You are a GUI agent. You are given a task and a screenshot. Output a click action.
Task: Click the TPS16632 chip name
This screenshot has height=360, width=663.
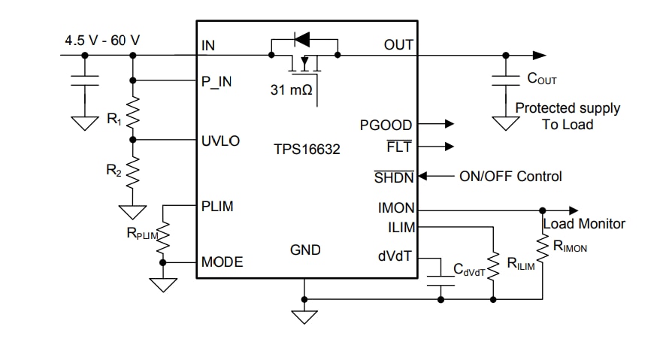tap(307, 149)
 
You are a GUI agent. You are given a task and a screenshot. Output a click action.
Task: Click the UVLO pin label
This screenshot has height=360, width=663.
tap(220, 140)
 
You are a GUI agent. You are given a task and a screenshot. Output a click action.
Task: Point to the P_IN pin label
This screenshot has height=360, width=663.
tap(217, 82)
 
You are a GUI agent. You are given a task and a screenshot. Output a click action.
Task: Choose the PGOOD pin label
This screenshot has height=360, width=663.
tap(386, 125)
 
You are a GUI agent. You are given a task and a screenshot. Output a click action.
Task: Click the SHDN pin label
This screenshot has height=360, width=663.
tap(394, 177)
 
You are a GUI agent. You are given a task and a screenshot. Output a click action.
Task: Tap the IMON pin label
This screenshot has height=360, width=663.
tap(395, 209)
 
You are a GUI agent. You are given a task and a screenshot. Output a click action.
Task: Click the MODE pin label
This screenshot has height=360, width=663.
tap(223, 262)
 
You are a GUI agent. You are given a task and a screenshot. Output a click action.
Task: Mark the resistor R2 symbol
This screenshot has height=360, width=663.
tap(133, 173)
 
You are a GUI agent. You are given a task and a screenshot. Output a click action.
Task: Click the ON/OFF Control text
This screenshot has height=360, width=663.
tap(510, 177)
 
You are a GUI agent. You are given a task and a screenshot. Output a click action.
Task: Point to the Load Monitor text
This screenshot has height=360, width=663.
tap(584, 223)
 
